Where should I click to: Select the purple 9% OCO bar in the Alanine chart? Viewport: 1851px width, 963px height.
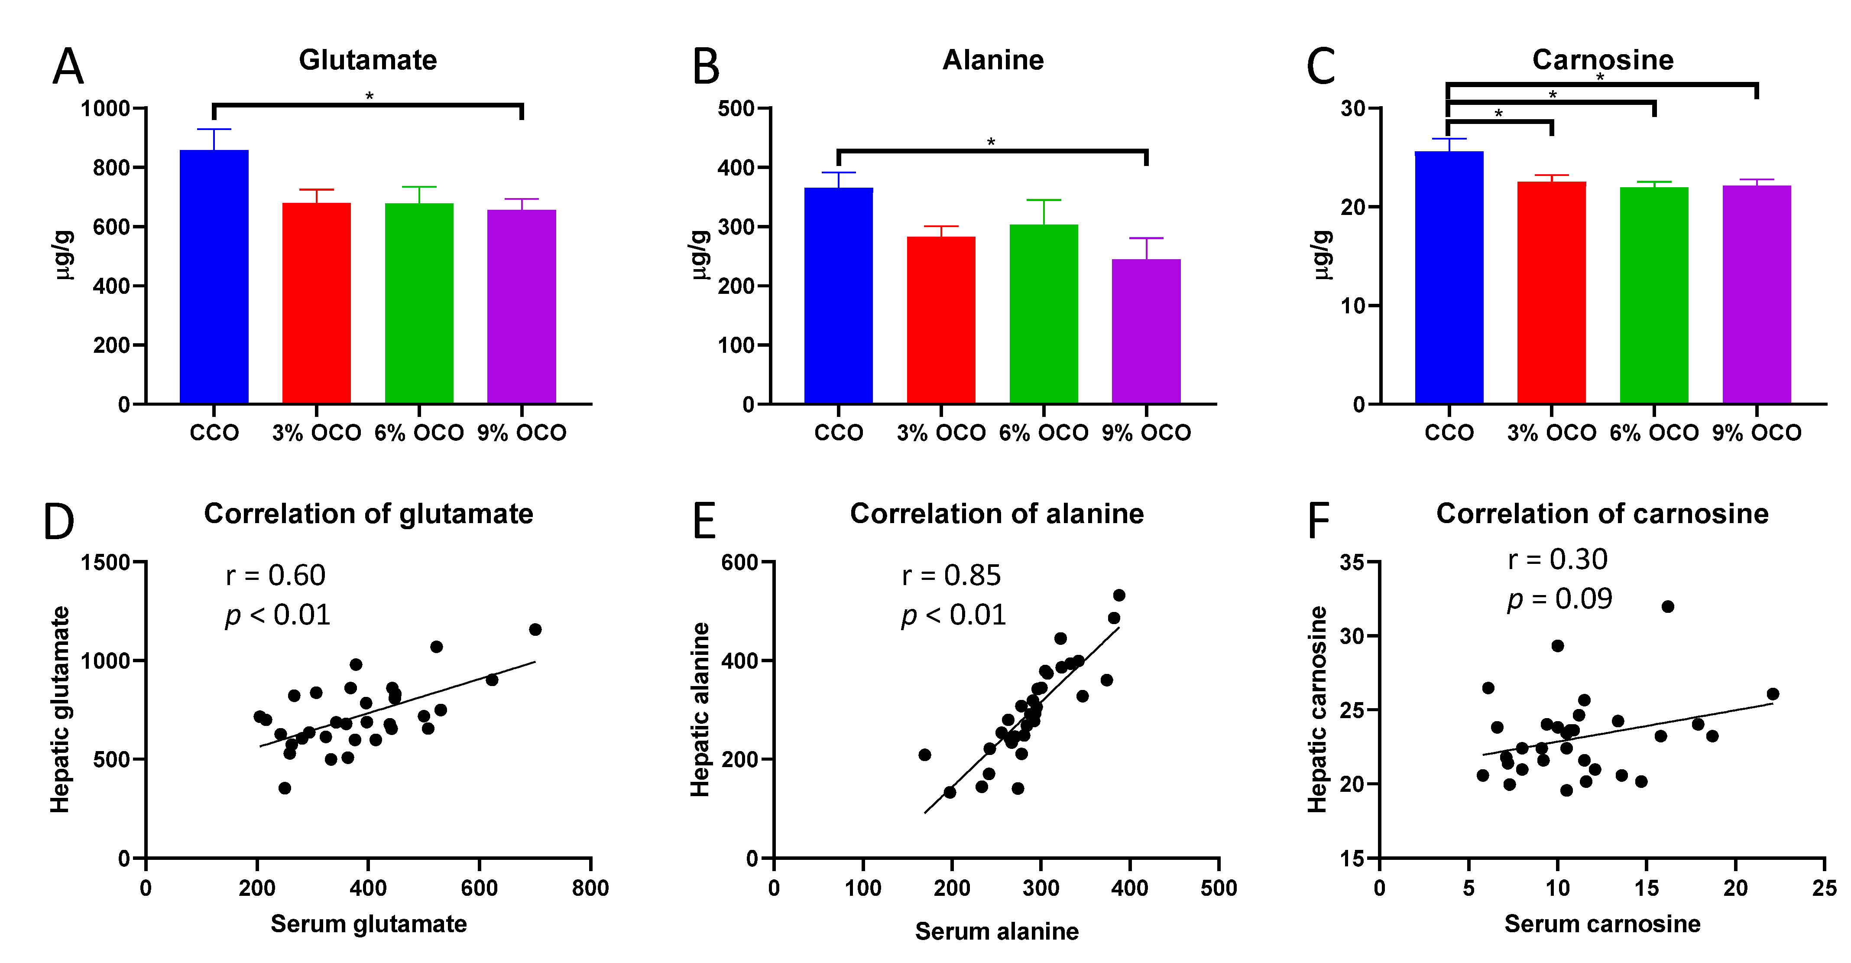pyautogui.click(x=1146, y=331)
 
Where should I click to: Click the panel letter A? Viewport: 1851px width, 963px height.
pyautogui.click(x=68, y=67)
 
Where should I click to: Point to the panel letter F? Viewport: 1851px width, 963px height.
pyautogui.click(x=1319, y=521)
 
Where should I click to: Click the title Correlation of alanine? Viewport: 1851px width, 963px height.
pyautogui.click(x=997, y=514)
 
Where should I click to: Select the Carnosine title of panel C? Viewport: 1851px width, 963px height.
pyautogui.click(x=1602, y=60)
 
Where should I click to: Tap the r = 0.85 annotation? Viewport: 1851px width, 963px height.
pyautogui.click(x=951, y=576)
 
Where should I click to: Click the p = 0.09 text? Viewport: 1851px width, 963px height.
pyautogui.click(x=1560, y=599)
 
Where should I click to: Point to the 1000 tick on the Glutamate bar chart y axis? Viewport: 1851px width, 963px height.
pyautogui.click(x=106, y=108)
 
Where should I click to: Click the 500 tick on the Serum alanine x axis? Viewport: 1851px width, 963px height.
pyautogui.click(x=1219, y=888)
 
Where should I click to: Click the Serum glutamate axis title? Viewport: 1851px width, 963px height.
pyautogui.click(x=369, y=924)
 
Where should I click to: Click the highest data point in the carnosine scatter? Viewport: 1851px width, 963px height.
pyautogui.click(x=1668, y=607)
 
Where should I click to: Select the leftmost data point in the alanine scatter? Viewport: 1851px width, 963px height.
pyautogui.click(x=925, y=755)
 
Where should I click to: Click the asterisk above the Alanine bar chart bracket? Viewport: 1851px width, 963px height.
pyautogui.click(x=991, y=142)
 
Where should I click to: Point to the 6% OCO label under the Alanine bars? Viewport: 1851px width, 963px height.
pyautogui.click(x=1044, y=433)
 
